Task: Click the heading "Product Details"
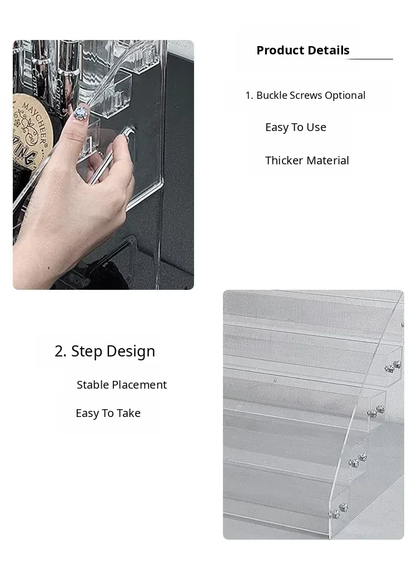pos(302,51)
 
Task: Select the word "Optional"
pos(345,95)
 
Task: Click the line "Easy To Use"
pos(295,127)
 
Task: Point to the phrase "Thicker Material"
pos(307,160)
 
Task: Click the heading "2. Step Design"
pos(105,351)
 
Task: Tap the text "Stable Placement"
pos(122,385)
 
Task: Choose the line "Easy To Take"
pos(108,413)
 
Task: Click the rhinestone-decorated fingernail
pos(81,113)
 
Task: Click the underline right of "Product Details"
pos(371,58)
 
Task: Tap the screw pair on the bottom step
pos(339,511)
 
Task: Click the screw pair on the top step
pos(393,366)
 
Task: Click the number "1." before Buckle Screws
pos(250,95)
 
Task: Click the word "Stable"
pos(93,385)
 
